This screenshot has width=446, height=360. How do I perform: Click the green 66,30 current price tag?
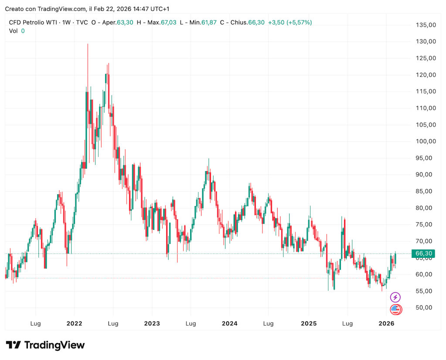pyautogui.click(x=424, y=254)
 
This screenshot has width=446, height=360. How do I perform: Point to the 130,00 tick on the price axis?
pyautogui.click(x=425, y=41)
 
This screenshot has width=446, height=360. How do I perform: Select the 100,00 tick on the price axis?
pyautogui.click(x=425, y=141)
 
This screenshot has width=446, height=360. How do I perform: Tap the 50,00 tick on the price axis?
pyautogui.click(x=425, y=308)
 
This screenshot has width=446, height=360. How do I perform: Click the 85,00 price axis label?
pyautogui.click(x=425, y=191)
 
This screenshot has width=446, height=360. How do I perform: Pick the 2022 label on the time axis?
pyautogui.click(x=74, y=323)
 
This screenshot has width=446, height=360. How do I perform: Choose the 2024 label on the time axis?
pyautogui.click(x=229, y=323)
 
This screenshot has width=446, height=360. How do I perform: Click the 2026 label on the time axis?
pyautogui.click(x=386, y=323)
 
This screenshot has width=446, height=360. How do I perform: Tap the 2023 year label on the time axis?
pyautogui.click(x=152, y=323)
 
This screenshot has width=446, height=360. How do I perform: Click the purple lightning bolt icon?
pyautogui.click(x=395, y=298)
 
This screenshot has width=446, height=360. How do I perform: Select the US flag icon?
pyautogui.click(x=395, y=309)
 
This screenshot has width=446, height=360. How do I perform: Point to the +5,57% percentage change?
pyautogui.click(x=299, y=23)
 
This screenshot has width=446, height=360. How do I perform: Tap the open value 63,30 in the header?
pyautogui.click(x=124, y=23)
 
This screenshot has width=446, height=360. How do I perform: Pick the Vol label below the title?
pyautogui.click(x=14, y=31)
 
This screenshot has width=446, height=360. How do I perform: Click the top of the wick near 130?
pyautogui.click(x=88, y=44)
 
